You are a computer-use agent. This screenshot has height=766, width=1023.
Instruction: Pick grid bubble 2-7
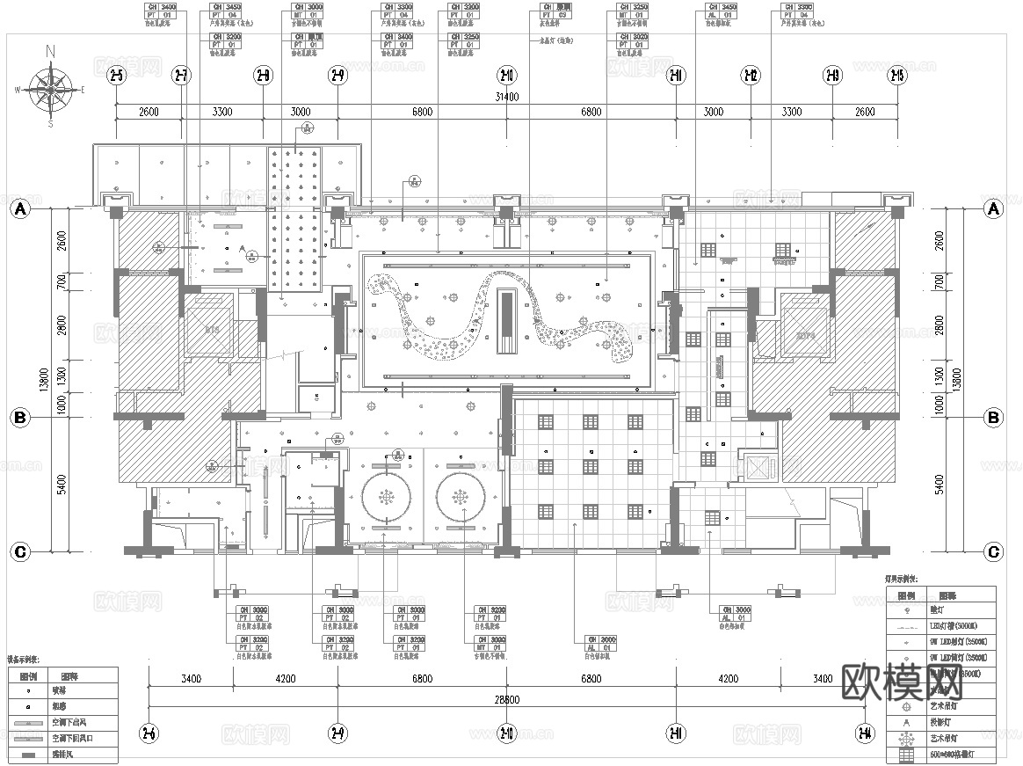[x=182, y=77]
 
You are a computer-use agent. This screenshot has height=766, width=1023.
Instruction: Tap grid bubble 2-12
[x=751, y=77]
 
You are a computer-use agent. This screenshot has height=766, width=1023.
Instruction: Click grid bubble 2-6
[x=149, y=733]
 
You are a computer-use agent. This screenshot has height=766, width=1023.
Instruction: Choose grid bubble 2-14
[x=866, y=733]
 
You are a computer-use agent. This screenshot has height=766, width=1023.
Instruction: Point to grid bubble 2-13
[x=831, y=77]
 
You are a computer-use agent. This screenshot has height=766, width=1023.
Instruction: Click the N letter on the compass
[x=51, y=51]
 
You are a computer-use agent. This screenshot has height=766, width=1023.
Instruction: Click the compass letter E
[x=83, y=89]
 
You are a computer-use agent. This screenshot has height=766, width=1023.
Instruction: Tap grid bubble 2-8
[x=262, y=77]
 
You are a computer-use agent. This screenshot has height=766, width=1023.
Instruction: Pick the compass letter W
[x=18, y=89]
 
